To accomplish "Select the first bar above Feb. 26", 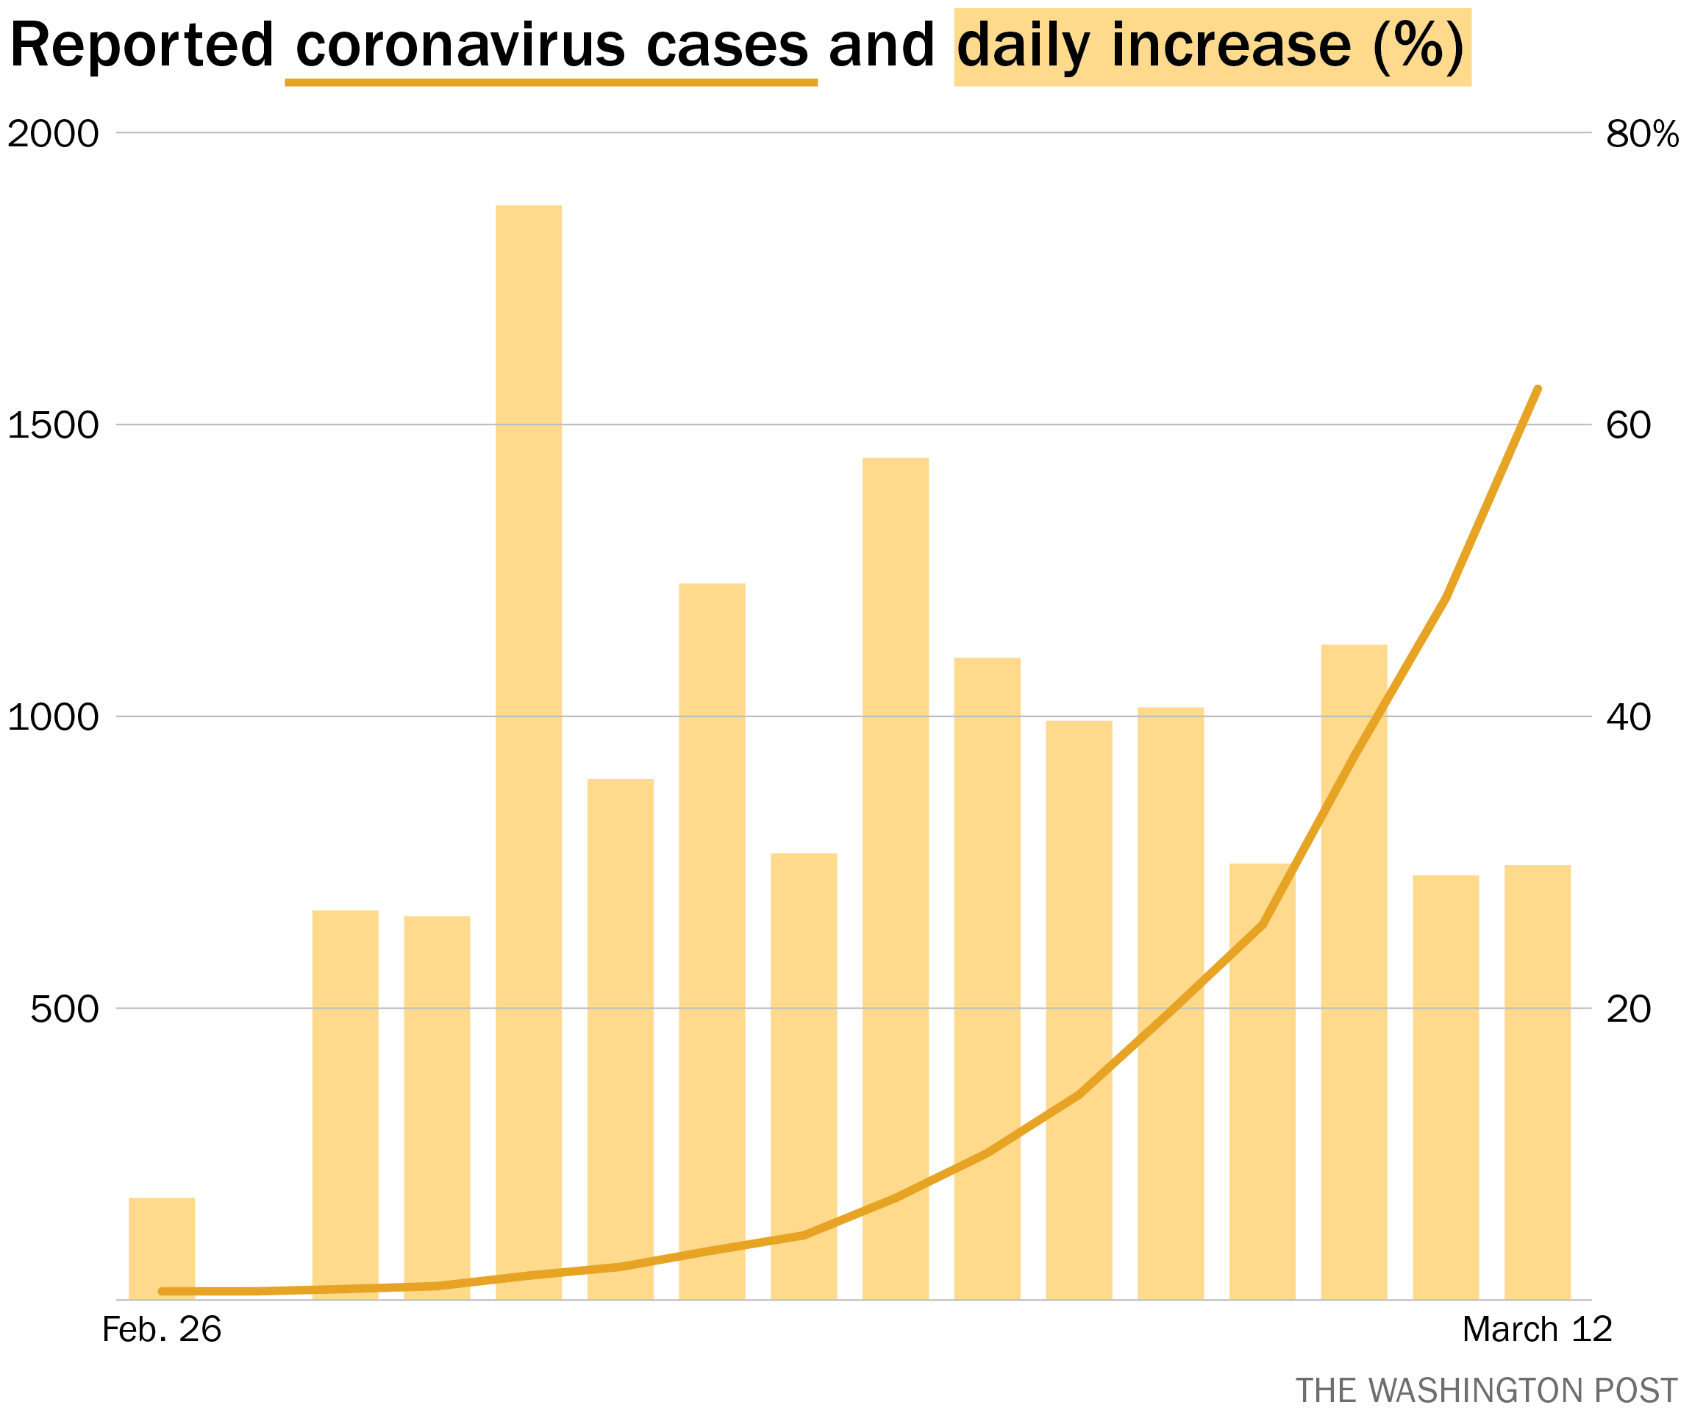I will pyautogui.click(x=162, y=1248).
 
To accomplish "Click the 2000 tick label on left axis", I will pyautogui.click(x=53, y=133).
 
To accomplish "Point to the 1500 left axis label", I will pyautogui.click(x=53, y=424).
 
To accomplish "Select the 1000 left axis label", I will pyautogui.click(x=53, y=716).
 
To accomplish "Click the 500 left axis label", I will pyautogui.click(x=65, y=1008).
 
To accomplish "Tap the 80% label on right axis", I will pyautogui.click(x=1642, y=133).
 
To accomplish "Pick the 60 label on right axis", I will pyautogui.click(x=1628, y=424).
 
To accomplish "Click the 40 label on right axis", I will pyautogui.click(x=1628, y=716).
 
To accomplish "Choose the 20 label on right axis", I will pyautogui.click(x=1628, y=1008).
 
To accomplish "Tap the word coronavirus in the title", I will pyautogui.click(x=460, y=45).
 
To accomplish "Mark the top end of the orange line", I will pyautogui.click(x=1538, y=388).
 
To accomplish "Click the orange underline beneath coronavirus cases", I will pyautogui.click(x=551, y=82).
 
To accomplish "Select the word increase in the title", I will pyautogui.click(x=1231, y=45).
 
